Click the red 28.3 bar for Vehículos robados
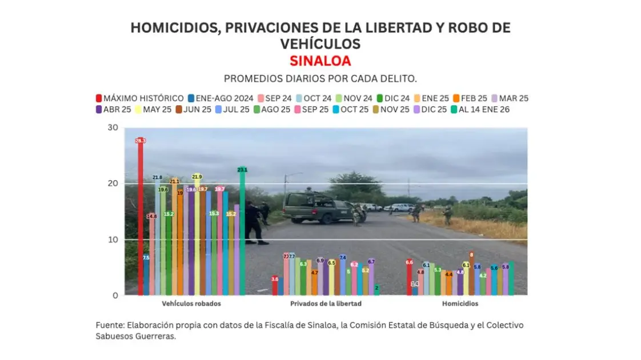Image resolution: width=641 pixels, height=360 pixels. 141,217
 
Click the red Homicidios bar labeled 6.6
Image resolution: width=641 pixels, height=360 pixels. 409,278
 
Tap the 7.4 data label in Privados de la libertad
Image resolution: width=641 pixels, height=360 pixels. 343,258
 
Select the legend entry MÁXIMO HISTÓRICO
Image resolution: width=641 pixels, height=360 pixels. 139,98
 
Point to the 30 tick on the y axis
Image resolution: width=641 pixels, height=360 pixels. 113,127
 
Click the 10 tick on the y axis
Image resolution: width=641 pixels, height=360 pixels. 113,239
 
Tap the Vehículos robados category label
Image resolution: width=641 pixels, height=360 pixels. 191,303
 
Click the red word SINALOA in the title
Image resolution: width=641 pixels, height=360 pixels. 320,61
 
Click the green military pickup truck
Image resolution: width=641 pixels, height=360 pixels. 317,208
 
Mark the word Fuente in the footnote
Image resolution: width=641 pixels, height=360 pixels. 109,325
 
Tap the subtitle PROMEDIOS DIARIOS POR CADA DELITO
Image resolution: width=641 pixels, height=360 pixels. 320,78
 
